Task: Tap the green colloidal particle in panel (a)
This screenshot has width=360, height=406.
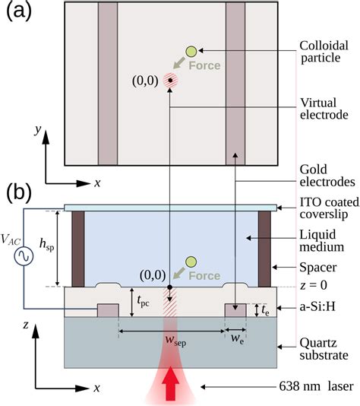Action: (x=191, y=51)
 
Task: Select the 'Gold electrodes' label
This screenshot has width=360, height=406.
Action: (x=325, y=175)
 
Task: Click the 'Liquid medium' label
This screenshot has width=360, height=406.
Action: (x=324, y=240)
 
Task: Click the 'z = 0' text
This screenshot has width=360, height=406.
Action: (x=322, y=287)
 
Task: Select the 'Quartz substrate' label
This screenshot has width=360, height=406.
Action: (x=324, y=338)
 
